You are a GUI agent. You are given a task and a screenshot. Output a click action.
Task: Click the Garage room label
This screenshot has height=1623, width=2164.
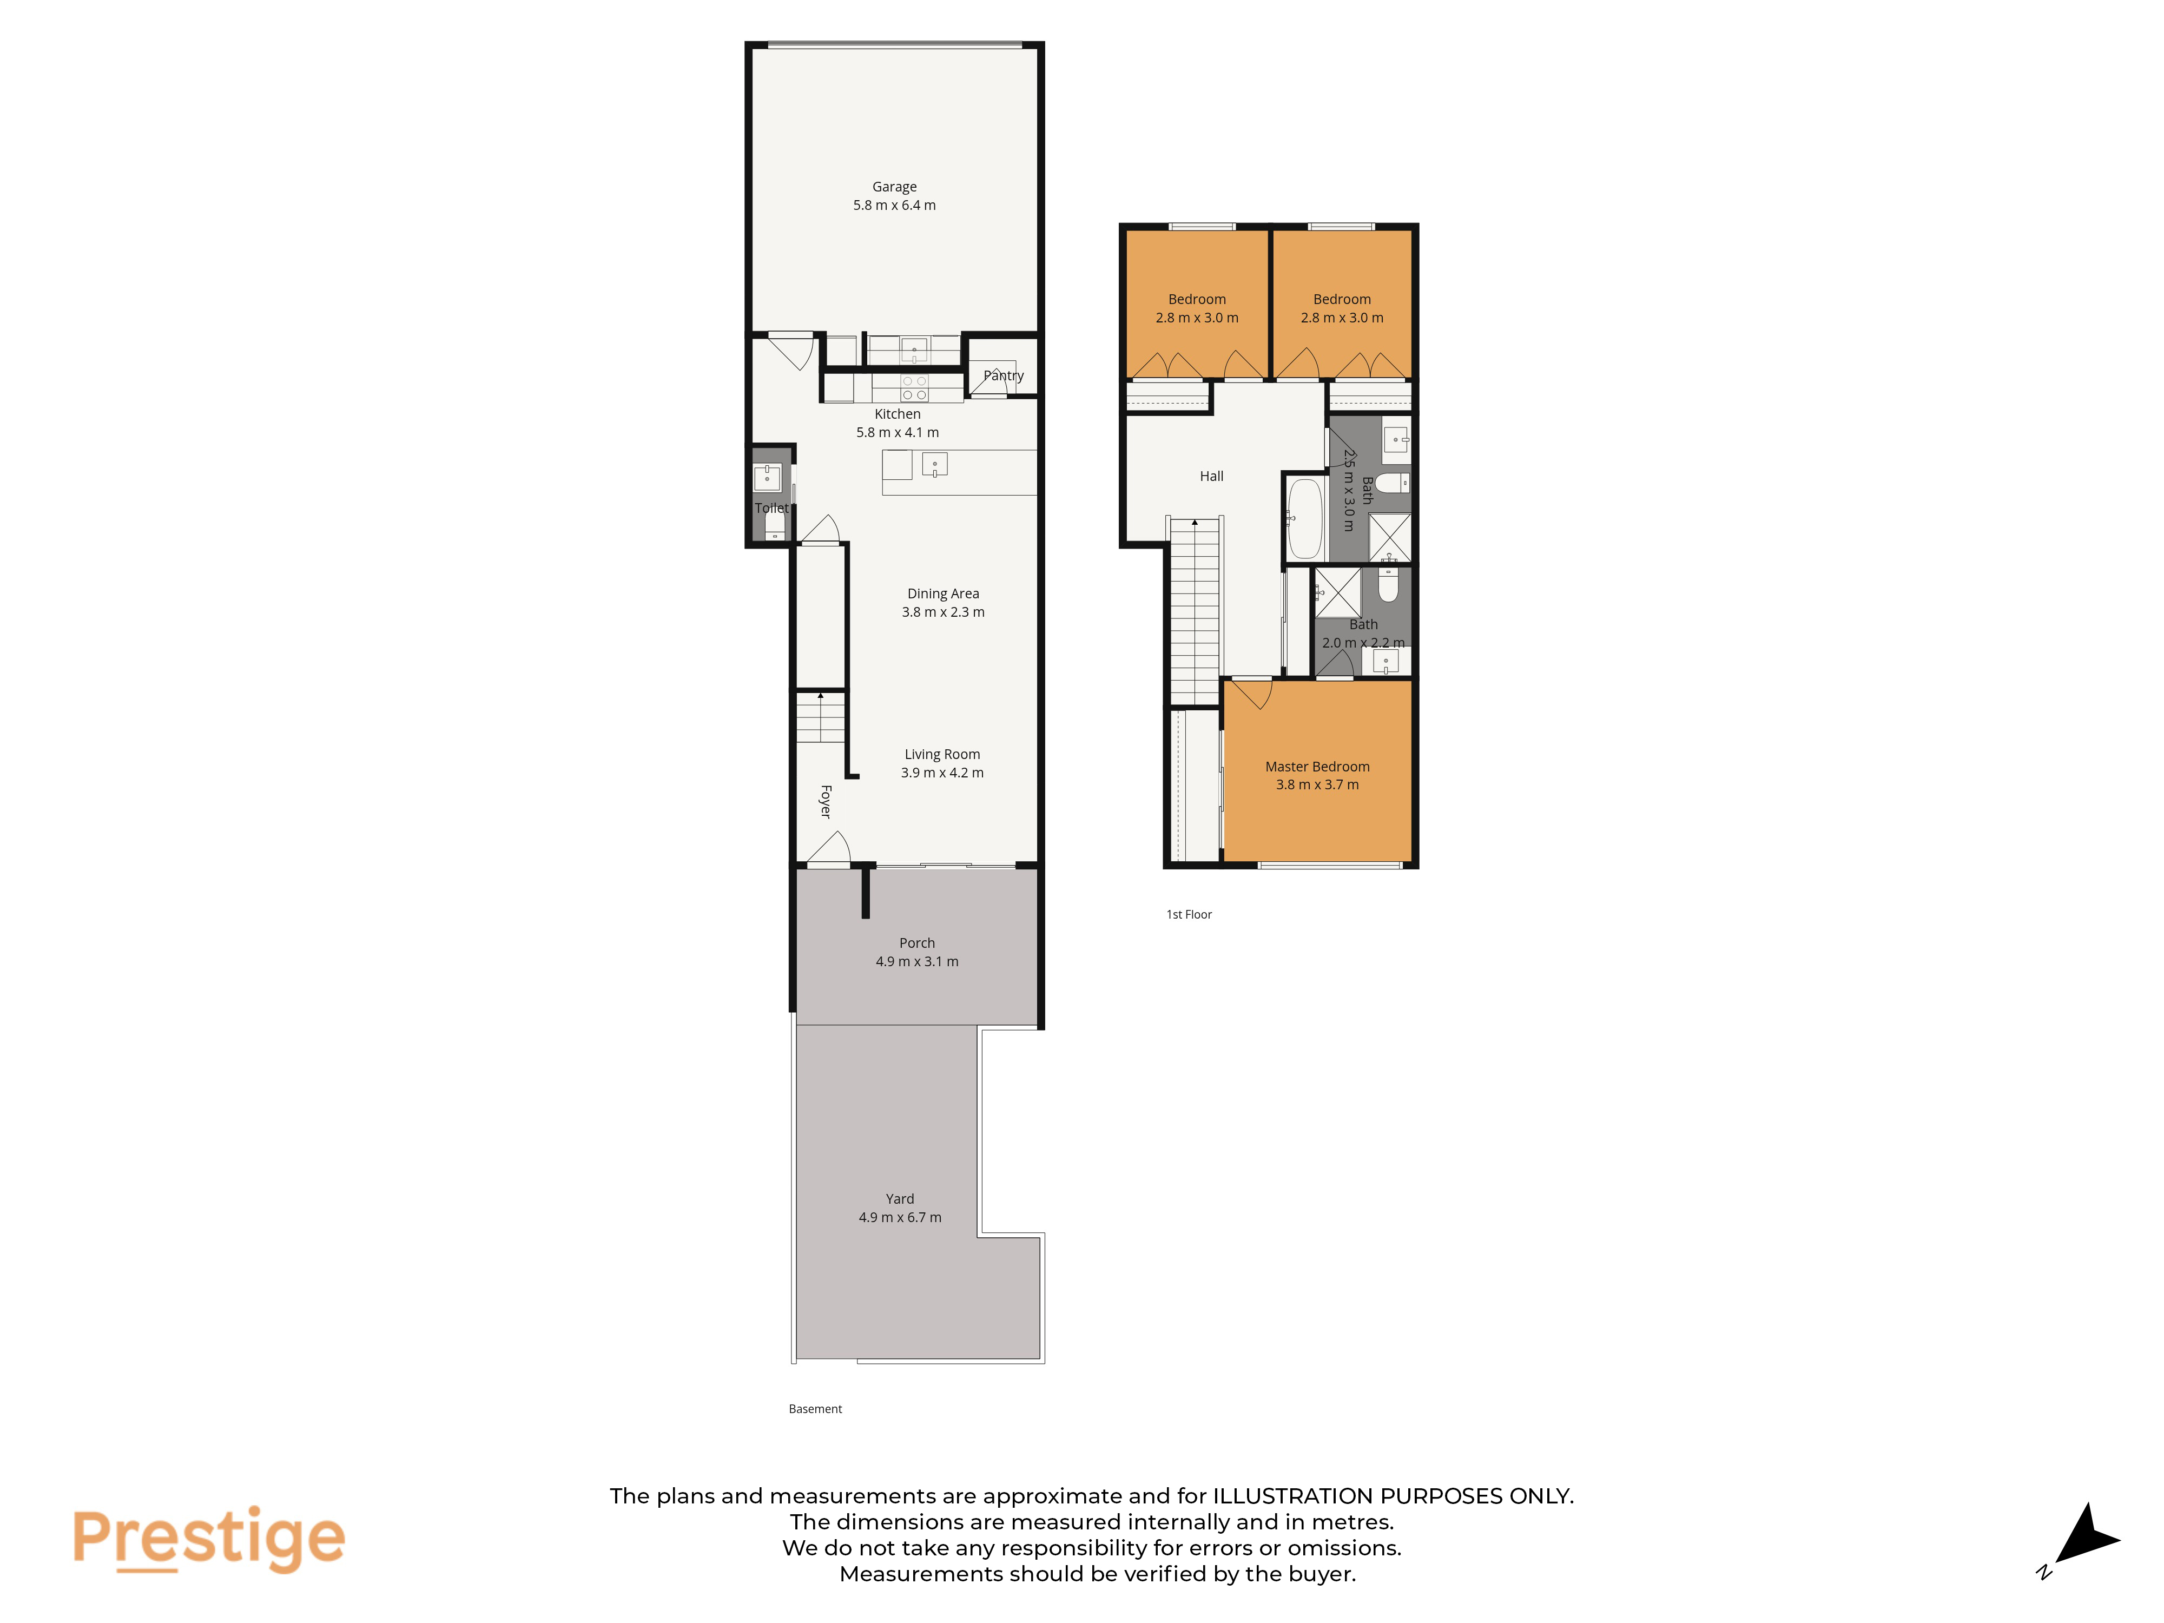pyautogui.click(x=894, y=187)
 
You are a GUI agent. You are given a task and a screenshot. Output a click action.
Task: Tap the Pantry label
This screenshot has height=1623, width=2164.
pyautogui.click(x=1003, y=375)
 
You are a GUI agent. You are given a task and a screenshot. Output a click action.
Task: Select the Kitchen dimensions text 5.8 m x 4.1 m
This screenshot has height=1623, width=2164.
pyautogui.click(x=897, y=432)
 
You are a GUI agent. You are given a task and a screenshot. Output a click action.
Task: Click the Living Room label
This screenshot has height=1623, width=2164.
pyautogui.click(x=942, y=754)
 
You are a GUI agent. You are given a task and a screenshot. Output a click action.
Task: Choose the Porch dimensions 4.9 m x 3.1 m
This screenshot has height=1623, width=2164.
pyautogui.click(x=916, y=962)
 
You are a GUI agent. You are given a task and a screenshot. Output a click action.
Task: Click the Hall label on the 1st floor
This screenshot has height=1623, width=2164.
pyautogui.click(x=1211, y=477)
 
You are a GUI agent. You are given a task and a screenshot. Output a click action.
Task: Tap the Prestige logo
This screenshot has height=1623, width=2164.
pyautogui.click(x=208, y=1539)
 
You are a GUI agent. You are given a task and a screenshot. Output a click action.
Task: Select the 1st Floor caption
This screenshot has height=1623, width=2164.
pyautogui.click(x=1189, y=915)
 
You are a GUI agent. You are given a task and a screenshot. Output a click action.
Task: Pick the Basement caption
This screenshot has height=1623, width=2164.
pyautogui.click(x=815, y=1409)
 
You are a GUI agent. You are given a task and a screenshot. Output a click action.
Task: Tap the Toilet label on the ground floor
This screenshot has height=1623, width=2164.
pyautogui.click(x=771, y=508)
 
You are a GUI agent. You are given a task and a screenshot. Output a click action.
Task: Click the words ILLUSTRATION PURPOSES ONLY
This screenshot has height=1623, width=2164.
pyautogui.click(x=1393, y=1496)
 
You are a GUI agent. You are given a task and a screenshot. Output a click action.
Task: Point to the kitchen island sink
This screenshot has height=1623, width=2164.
pyautogui.click(x=934, y=465)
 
